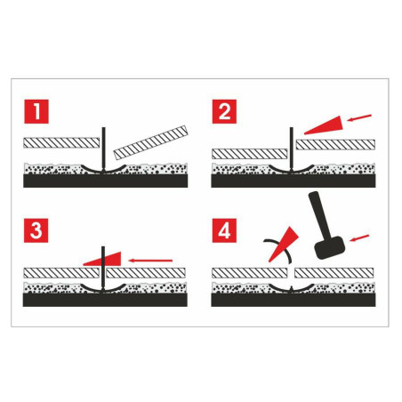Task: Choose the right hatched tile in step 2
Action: click(334, 141)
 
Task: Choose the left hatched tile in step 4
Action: click(250, 270)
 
